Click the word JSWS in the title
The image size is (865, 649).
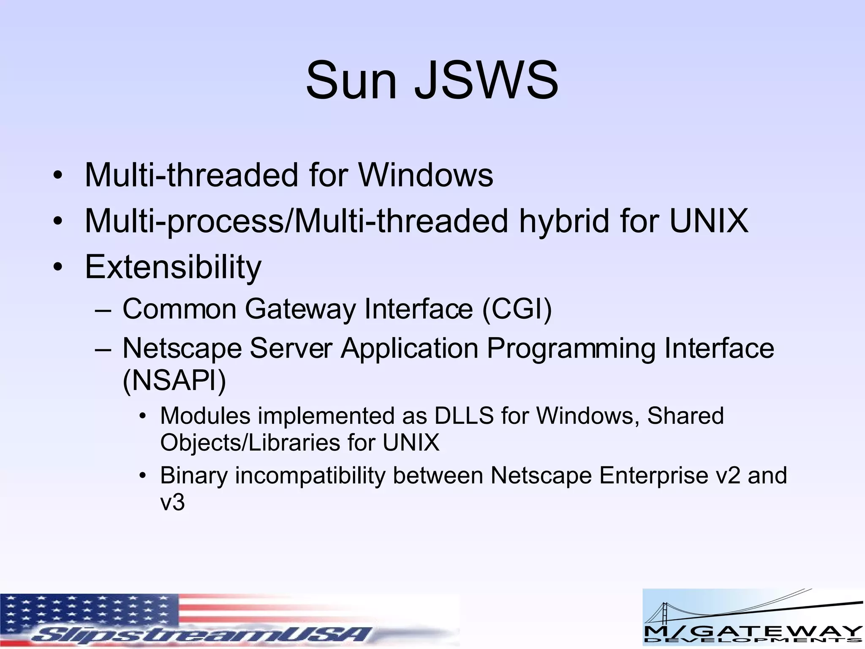coord(486,80)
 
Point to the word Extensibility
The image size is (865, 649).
coord(173,267)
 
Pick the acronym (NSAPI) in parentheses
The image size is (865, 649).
coord(174,381)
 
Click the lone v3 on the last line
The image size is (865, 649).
coord(172,502)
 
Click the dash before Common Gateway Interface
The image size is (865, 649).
coord(103,310)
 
